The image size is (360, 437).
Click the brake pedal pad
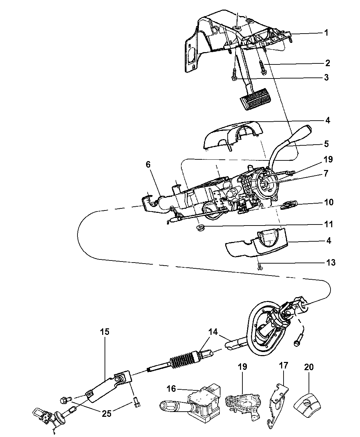click(x=254, y=99)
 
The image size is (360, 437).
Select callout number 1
click(x=326, y=33)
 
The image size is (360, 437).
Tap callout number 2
click(x=327, y=63)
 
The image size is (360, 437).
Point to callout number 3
click(x=326, y=77)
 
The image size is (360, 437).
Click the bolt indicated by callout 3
click(x=234, y=75)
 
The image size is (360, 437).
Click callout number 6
click(x=148, y=165)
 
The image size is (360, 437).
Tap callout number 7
click(x=326, y=173)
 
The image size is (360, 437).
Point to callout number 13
click(x=331, y=263)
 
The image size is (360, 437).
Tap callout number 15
click(x=105, y=332)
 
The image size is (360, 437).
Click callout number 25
click(x=106, y=413)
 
